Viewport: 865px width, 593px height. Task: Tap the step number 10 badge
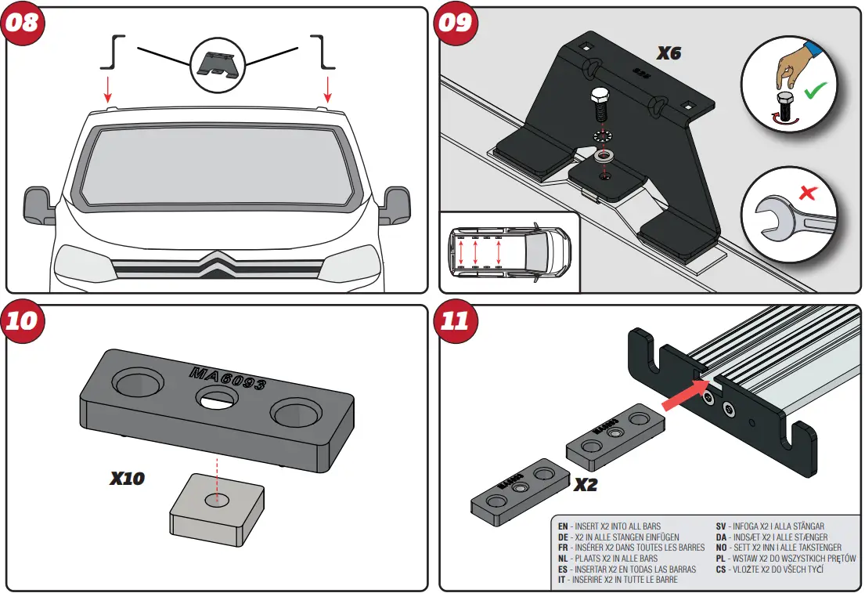pos(23,321)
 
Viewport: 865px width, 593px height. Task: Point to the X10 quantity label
pos(127,477)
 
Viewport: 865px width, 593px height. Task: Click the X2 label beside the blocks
pos(586,484)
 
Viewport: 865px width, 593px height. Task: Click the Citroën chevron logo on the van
pos(218,264)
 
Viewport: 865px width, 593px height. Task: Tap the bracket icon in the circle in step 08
pos(218,60)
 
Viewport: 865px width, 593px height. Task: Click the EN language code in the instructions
pos(563,526)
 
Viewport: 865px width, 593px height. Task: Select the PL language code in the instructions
pos(721,559)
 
